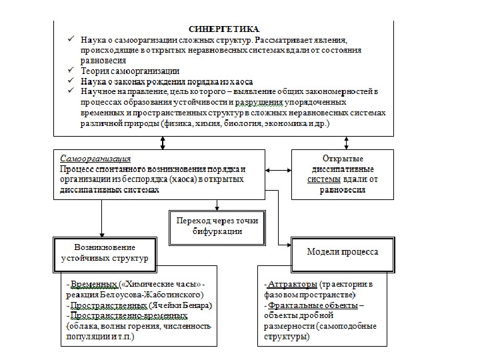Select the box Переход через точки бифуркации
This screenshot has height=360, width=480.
coord(217,225)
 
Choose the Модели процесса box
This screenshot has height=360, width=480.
coord(342,252)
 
